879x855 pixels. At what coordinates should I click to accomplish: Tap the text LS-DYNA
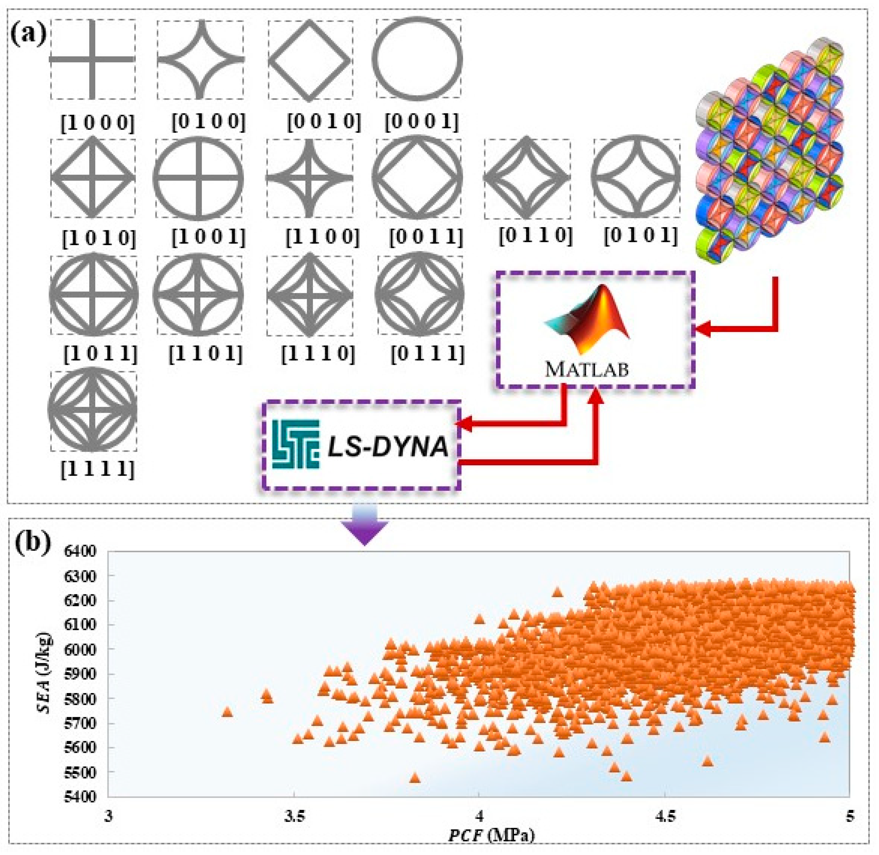pos(387,447)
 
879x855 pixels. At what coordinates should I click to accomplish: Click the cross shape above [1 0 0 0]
pos(92,59)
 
